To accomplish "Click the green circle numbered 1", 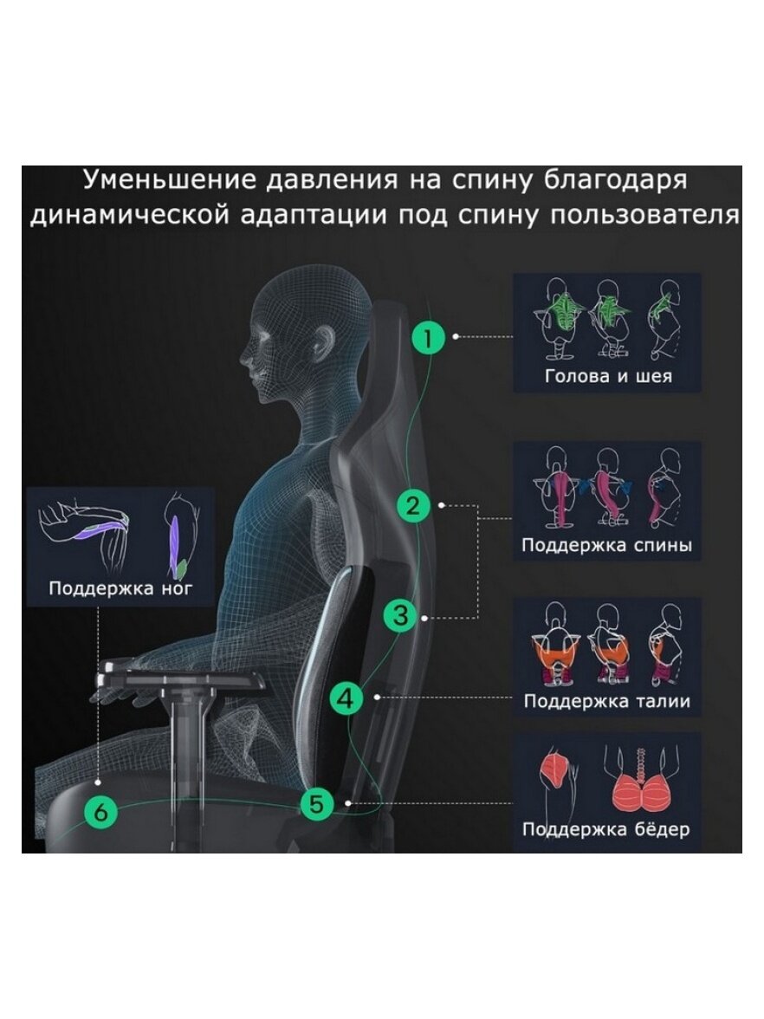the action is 428,337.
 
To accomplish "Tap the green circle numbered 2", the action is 413,506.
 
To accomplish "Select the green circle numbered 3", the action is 401,615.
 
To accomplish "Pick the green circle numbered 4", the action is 346,698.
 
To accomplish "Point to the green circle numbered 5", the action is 316,804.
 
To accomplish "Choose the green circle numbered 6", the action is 101,813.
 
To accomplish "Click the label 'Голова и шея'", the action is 608,376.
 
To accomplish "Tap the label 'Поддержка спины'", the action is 606,544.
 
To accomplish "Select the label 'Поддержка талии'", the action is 606,701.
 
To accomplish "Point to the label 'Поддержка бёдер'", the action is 606,829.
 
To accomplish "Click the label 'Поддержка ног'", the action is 121,589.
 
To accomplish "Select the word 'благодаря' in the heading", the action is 615,181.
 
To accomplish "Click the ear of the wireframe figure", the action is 324,341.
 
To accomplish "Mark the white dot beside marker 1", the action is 456,336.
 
